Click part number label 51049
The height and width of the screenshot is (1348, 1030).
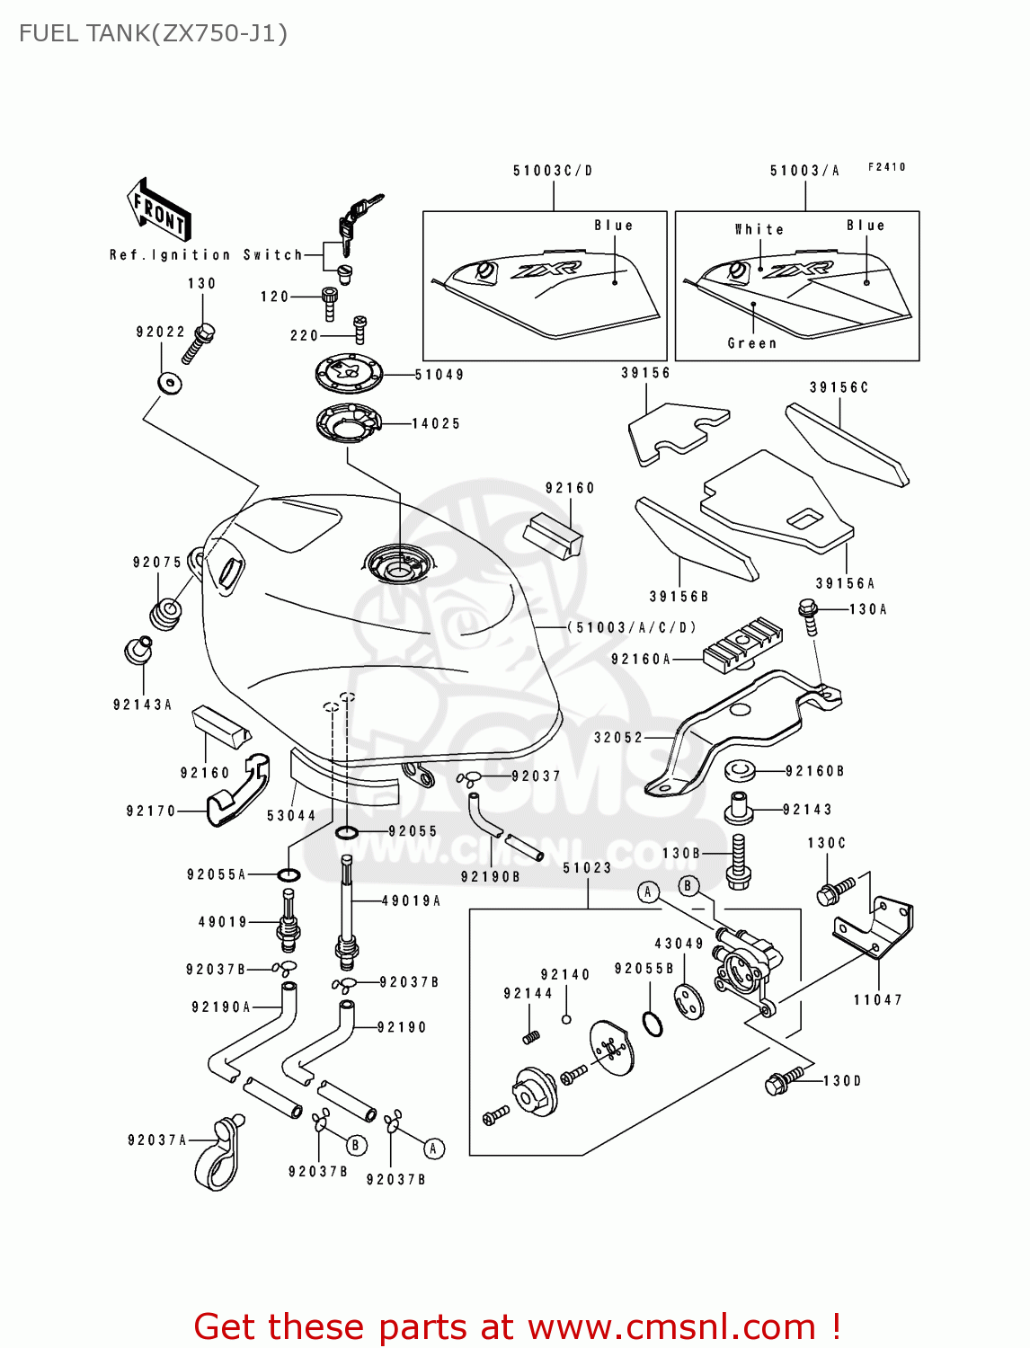[x=440, y=375]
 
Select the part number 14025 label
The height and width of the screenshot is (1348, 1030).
[x=436, y=423]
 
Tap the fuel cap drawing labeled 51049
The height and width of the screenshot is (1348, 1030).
[x=349, y=373]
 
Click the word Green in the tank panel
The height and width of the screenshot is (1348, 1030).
[x=752, y=343]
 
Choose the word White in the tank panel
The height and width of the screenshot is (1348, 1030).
[x=759, y=230]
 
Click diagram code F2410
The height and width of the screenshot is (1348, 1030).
[x=887, y=167]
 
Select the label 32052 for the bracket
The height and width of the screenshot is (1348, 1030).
[x=618, y=738]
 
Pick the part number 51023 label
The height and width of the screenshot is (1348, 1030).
[x=588, y=868]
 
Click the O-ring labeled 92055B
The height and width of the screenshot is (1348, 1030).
[x=653, y=1023]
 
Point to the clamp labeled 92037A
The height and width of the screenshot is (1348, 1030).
[x=218, y=1155]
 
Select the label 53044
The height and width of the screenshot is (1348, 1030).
[x=291, y=816]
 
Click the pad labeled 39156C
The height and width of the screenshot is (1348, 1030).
[x=847, y=445]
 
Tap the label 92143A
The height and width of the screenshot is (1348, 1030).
[x=142, y=705]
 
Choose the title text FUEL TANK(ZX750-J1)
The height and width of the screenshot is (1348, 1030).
[x=153, y=34]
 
